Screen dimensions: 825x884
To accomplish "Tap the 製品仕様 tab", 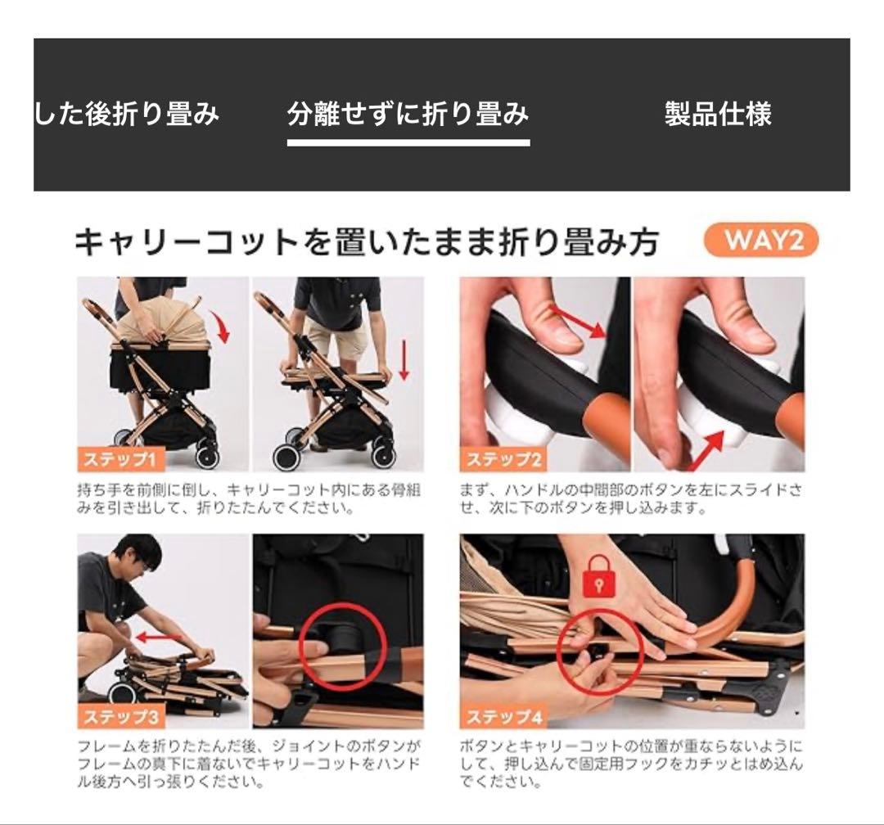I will [718, 114].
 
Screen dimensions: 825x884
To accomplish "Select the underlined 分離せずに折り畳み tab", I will [408, 114].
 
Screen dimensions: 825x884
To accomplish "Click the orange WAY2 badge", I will [760, 241].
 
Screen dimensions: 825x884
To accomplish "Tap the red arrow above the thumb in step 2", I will [580, 321].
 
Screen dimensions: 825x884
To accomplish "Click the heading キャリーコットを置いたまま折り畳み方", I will [367, 243].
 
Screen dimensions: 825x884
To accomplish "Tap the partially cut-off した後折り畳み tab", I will [127, 114].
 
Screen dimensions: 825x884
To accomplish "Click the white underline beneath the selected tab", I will [408, 142].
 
